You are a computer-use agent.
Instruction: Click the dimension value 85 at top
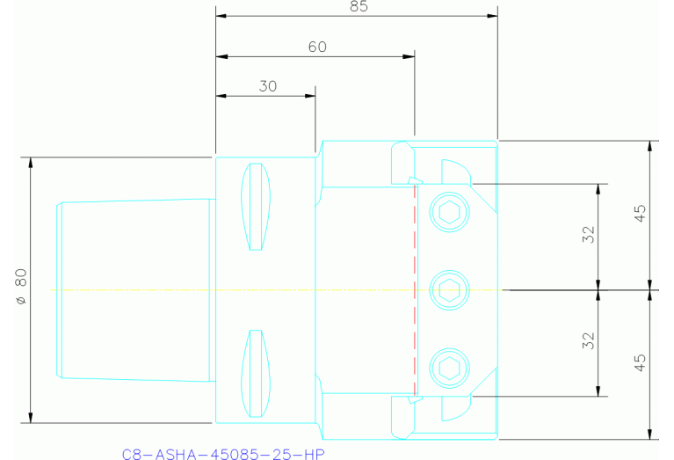[x=358, y=7]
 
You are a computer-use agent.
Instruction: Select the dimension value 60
[x=317, y=47]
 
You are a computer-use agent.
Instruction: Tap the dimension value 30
[x=267, y=85]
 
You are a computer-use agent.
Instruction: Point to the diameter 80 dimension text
[x=20, y=288]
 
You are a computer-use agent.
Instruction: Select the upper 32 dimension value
[x=589, y=234]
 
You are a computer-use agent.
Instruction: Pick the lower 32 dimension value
[x=589, y=340]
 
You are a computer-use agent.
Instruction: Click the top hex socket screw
[x=450, y=210]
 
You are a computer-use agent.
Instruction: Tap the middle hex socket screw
[x=450, y=287]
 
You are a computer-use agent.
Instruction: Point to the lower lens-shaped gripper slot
[x=255, y=373]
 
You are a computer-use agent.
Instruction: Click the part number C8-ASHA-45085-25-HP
[x=223, y=454]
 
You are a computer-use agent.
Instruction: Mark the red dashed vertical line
[x=412, y=290]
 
